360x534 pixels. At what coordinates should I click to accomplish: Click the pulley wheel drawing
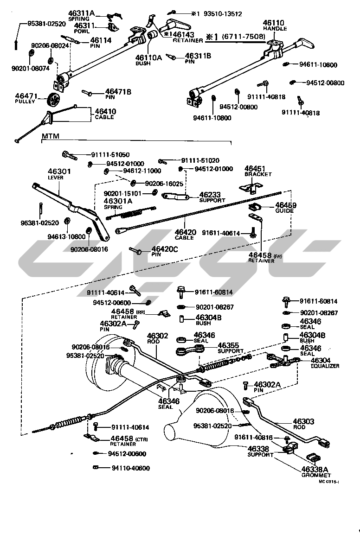[x=54, y=99]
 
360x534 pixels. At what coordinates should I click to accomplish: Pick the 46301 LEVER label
[x=59, y=174]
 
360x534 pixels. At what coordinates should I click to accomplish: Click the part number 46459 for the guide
[x=286, y=204]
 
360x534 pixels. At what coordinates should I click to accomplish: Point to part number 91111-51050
[x=111, y=154]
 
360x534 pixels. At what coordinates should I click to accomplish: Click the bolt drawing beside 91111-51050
[x=69, y=154]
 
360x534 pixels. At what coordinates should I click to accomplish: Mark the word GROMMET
[x=315, y=475]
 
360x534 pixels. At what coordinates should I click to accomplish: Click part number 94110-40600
[x=130, y=468]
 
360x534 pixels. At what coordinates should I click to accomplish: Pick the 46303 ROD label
[x=303, y=424]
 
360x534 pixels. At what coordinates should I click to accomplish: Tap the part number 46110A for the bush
[x=148, y=58]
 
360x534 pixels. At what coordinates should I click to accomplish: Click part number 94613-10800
[x=66, y=236]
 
